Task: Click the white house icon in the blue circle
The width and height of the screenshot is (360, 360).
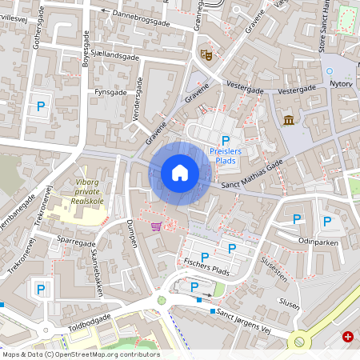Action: (x=179, y=173)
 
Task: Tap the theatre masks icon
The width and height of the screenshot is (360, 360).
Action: (x=206, y=54)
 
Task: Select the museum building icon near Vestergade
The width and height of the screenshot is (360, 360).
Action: (x=288, y=120)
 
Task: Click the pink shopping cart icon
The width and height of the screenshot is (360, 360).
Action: (x=156, y=226)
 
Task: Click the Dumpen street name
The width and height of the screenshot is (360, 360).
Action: (x=130, y=232)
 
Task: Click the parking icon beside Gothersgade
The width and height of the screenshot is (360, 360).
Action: (x=38, y=105)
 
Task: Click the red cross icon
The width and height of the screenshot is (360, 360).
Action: (x=348, y=337)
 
